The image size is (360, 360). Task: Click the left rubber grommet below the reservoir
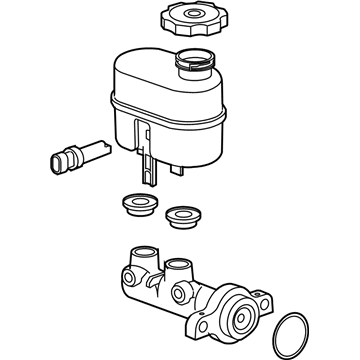[x=137, y=203]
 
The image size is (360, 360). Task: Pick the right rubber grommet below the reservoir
[x=183, y=214]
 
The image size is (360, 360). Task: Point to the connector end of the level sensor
[x=57, y=160]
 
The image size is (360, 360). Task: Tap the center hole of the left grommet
[x=137, y=202]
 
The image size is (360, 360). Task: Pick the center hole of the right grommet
[x=183, y=213]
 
